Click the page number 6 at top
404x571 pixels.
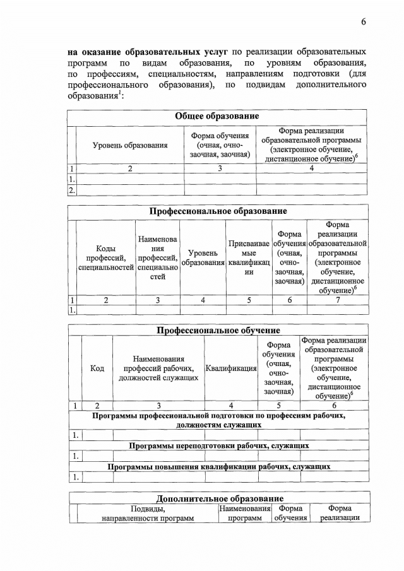[364, 22]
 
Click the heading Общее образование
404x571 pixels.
[217, 117]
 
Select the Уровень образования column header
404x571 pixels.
[130, 145]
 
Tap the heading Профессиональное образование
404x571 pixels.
[218, 211]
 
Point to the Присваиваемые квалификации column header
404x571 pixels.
[249, 257]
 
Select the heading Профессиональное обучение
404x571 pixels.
[218, 330]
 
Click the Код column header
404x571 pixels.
[97, 368]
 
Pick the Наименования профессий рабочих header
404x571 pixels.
[158, 368]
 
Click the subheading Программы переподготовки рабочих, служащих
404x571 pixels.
[218, 445]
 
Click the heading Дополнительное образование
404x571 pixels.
[219, 498]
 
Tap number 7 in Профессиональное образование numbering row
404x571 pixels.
[338, 300]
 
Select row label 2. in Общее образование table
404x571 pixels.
[71, 189]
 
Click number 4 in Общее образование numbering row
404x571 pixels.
[311, 168]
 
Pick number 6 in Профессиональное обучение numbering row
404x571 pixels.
[334, 405]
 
